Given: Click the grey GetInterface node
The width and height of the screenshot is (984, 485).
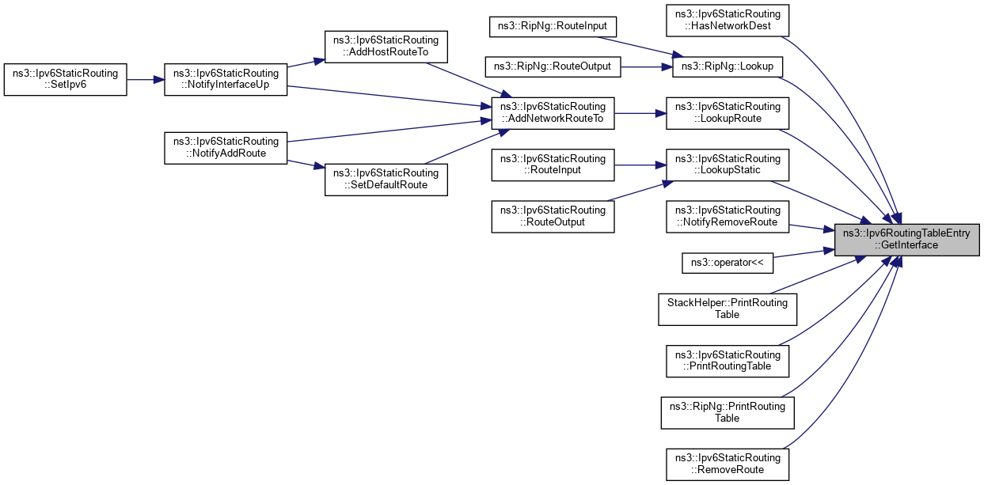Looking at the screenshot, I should (906, 239).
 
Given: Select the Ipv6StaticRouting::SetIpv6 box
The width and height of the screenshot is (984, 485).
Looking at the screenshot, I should (66, 79).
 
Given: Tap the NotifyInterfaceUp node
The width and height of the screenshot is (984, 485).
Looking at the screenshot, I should (226, 79).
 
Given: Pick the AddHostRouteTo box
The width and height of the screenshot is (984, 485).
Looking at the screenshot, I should (387, 45).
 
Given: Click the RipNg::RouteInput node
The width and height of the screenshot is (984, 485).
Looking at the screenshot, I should (553, 26).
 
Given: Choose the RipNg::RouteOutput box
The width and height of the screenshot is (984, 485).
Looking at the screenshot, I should (553, 66).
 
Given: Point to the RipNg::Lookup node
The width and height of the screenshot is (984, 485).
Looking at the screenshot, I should (728, 66).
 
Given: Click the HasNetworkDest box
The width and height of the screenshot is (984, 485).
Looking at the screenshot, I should (728, 20).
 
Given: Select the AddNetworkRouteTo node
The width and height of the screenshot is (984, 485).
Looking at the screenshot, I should (553, 112).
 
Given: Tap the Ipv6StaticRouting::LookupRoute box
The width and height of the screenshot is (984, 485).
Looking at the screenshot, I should (728, 112).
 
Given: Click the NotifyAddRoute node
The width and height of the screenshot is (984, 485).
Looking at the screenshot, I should (226, 146).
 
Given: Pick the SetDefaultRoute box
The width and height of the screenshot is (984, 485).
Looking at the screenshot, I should (387, 179).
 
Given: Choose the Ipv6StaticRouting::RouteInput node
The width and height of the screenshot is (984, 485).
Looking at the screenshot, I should (553, 165).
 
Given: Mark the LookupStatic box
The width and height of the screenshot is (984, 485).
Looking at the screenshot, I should (728, 165).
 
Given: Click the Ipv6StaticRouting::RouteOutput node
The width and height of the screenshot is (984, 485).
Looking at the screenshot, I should (553, 216).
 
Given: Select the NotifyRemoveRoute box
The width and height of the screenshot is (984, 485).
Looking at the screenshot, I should (728, 216).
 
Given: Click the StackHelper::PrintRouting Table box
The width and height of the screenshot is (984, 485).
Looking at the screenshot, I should (728, 309).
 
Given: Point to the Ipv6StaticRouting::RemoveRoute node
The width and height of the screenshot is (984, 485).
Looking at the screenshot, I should (728, 463).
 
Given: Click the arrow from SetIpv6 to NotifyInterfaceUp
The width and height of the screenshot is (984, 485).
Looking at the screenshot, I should (146, 79).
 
